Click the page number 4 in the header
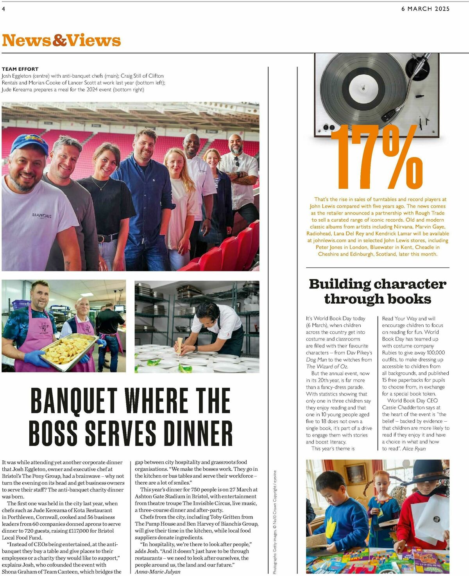point(4,9)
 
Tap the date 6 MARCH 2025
point(425,9)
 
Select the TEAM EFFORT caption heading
point(20,69)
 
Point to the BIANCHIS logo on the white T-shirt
point(42,215)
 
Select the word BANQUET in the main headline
point(74,401)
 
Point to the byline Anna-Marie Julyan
point(158,572)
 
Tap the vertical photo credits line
point(275,522)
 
